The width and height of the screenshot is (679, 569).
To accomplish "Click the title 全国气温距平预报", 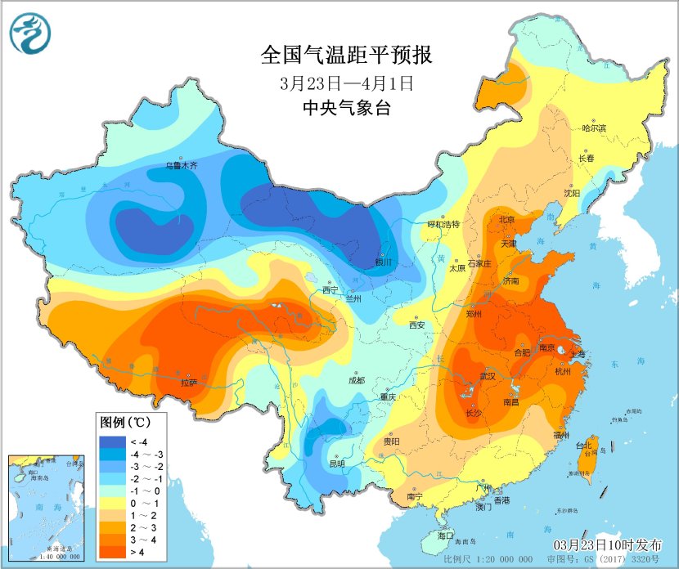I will pyautogui.click(x=344, y=56).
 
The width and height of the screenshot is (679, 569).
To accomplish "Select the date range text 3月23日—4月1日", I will pyautogui.click(x=344, y=83).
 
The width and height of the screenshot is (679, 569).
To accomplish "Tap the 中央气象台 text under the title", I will pyautogui.click(x=344, y=108).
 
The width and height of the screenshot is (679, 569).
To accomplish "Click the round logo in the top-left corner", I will pyautogui.click(x=30, y=34).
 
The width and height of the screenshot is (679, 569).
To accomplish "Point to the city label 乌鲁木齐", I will pyautogui.click(x=182, y=165).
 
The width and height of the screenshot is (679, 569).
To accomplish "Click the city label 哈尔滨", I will pyautogui.click(x=594, y=128).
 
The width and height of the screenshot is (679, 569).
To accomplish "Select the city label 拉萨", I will pyautogui.click(x=189, y=382).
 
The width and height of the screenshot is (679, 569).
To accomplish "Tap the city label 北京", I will pyautogui.click(x=507, y=219).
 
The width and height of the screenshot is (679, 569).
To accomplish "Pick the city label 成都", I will pyautogui.click(x=356, y=380).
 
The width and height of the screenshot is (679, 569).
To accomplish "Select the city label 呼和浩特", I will pyautogui.click(x=444, y=224).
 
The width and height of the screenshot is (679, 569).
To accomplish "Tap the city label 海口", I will pyautogui.click(x=446, y=535).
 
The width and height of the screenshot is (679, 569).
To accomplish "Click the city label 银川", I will pyautogui.click(x=384, y=262).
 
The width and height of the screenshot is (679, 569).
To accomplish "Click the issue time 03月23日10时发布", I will pyautogui.click(x=611, y=545).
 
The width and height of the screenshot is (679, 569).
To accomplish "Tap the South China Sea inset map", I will pyautogui.click(x=46, y=508).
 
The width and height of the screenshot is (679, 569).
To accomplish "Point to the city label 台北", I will pyautogui.click(x=583, y=446).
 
